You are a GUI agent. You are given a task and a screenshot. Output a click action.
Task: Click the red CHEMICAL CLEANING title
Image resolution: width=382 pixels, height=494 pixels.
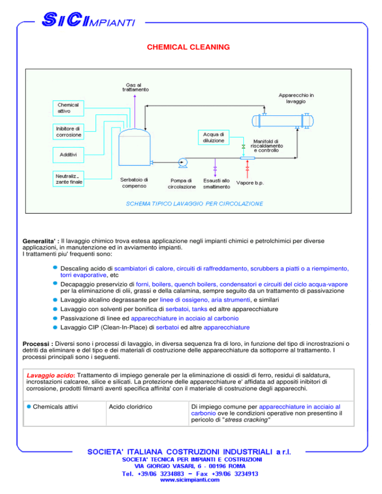[189, 47]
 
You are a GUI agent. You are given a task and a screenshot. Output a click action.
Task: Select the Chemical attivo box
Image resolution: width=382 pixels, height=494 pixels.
[68, 108]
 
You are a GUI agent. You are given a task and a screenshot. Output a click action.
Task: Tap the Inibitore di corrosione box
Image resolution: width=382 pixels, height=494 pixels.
[68, 132]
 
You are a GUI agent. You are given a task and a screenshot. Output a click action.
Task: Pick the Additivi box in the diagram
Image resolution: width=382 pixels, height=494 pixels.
[68, 155]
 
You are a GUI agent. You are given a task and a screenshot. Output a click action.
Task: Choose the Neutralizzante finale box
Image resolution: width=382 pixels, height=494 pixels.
[68, 178]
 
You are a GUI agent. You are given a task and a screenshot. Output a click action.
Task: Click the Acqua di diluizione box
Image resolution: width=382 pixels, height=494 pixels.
[213, 137]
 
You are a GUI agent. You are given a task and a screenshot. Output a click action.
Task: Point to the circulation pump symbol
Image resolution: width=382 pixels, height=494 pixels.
[183, 163]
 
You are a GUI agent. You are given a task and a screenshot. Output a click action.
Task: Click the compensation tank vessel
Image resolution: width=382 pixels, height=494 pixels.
[134, 147]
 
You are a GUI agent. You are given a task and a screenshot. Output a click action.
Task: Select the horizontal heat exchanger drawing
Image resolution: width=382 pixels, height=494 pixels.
[283, 121]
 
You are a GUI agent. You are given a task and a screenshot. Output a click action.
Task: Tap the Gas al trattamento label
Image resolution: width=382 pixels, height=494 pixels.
[135, 87]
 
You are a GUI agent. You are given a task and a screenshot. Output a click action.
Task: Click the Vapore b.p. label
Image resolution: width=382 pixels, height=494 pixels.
[250, 183]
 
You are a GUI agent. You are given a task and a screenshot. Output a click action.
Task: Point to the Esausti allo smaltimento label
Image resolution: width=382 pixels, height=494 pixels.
[216, 184]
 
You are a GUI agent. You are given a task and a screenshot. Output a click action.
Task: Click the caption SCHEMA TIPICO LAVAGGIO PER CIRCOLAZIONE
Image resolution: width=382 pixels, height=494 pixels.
[194, 204]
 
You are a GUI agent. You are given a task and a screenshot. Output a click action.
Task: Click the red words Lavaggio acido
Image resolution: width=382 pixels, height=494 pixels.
[50, 375]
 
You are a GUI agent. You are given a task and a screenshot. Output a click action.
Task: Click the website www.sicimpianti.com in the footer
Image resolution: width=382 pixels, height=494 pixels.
[190, 480]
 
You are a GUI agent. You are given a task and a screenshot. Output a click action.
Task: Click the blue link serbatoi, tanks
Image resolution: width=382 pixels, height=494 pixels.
[187, 309]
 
